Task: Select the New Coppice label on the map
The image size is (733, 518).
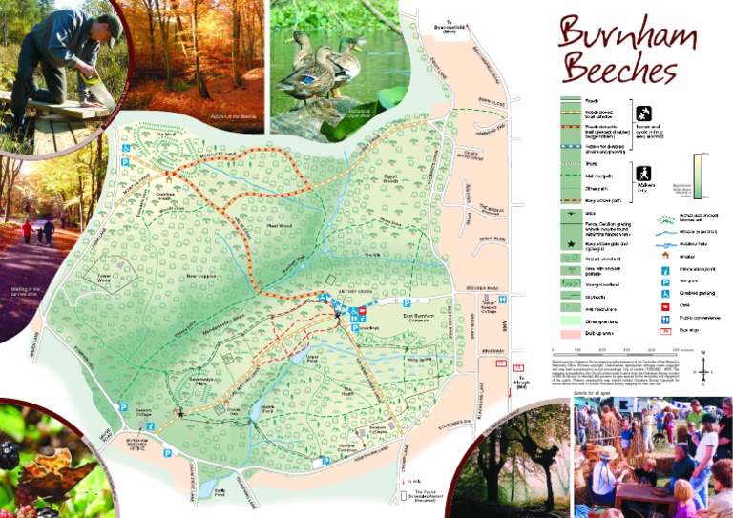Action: pyautogui.click(x=202, y=277)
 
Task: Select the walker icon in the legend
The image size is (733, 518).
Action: pyautogui.click(x=643, y=173)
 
